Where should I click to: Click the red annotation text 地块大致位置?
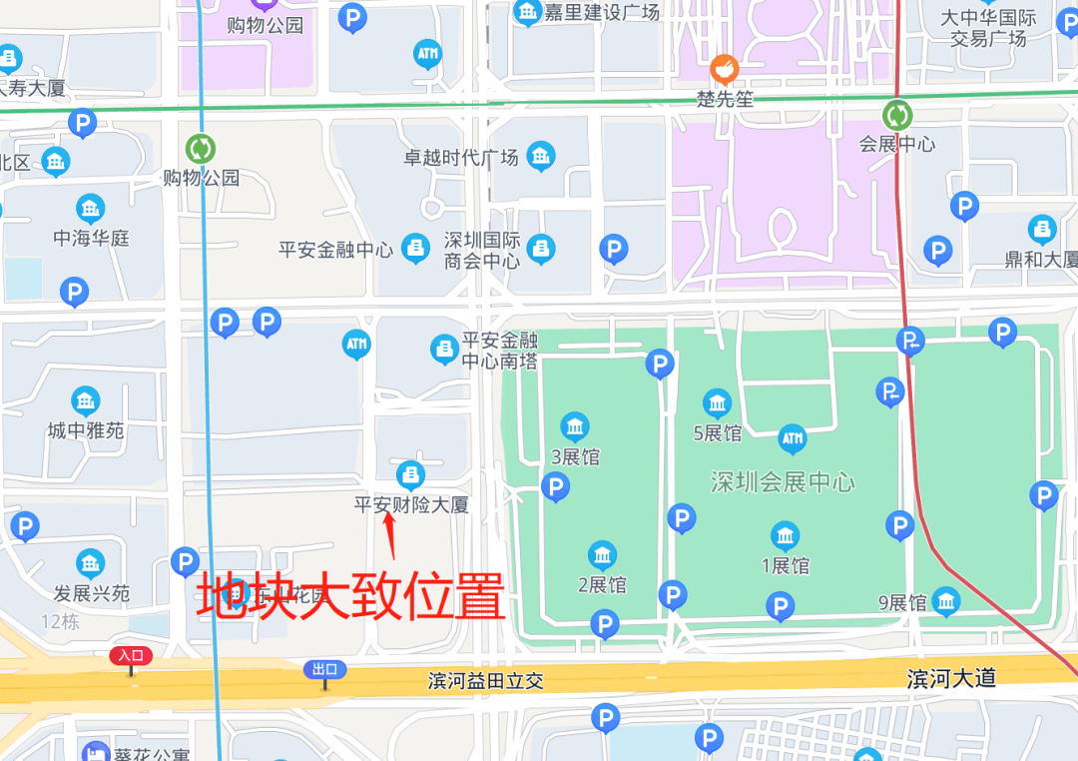[350, 597]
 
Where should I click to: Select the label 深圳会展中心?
[783, 482]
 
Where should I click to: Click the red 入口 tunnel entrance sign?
[131, 656]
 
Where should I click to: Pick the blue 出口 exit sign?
[325, 669]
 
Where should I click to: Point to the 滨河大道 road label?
[951, 678]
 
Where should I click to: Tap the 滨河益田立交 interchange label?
[486, 681]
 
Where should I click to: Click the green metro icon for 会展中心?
[897, 114]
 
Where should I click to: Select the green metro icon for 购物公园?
[201, 149]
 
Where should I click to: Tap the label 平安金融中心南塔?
[499, 350]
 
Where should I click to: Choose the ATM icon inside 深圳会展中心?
[792, 438]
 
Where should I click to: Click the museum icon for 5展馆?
[717, 403]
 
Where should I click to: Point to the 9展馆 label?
[902, 603]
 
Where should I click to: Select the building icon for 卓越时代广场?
[541, 156]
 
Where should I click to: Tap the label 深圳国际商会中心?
[482, 251]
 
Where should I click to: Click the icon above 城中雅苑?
[86, 401]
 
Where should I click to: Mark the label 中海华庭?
[92, 238]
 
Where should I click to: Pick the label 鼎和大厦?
[1041, 260]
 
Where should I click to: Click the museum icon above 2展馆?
[602, 556]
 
